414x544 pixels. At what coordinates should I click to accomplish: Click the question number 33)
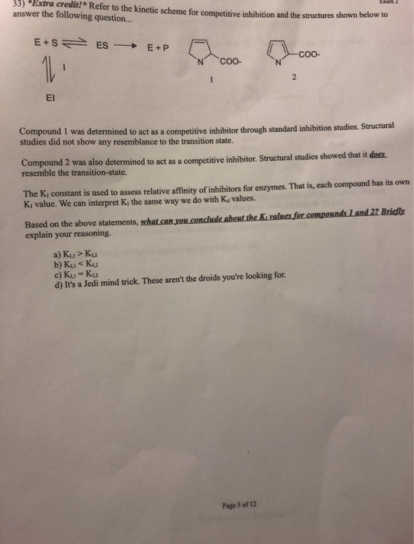(x=10, y=6)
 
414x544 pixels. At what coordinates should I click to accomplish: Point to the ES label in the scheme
(x=102, y=46)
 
